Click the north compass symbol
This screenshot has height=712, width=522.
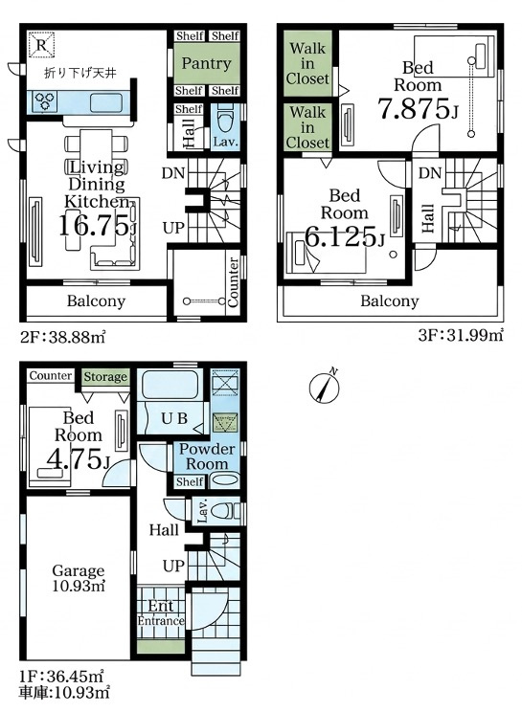(325, 387)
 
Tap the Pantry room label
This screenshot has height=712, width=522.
(206, 63)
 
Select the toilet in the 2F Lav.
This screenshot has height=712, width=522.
(225, 120)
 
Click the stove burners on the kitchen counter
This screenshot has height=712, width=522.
(44, 101)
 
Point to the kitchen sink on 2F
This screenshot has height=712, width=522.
(106, 102)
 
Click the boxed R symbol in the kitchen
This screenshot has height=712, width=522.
(41, 44)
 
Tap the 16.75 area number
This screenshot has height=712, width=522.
(95, 225)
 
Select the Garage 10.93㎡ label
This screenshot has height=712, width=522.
(79, 578)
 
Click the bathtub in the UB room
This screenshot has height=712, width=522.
(169, 384)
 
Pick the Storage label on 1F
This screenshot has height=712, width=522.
(105, 376)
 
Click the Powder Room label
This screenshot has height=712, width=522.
(207, 456)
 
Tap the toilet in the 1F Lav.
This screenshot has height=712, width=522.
(225, 510)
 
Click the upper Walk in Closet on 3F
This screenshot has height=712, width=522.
(307, 63)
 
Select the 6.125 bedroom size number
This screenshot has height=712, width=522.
(342, 236)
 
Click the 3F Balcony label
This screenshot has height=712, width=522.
(389, 300)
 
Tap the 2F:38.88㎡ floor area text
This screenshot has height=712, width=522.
(62, 337)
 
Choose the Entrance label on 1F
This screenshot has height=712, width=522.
(161, 621)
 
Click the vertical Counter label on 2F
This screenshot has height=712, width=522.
(233, 281)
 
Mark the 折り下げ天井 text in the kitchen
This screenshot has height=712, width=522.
(79, 73)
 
